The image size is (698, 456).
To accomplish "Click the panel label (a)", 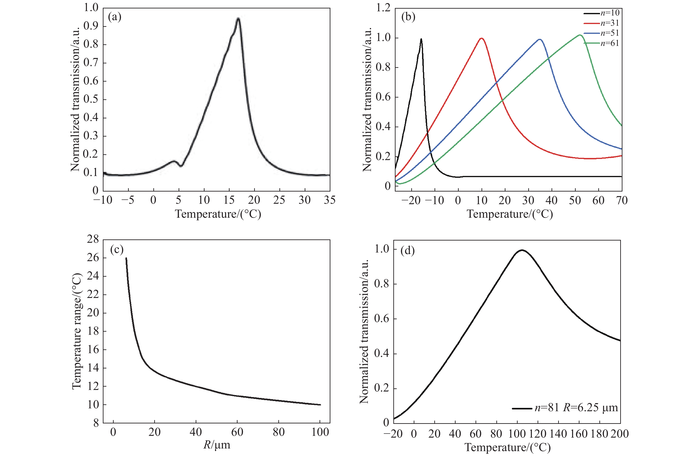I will click(114, 17).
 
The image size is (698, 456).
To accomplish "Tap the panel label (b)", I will click(408, 17).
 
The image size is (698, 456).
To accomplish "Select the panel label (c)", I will click(117, 249).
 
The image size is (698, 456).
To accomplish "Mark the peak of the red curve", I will click(482, 38).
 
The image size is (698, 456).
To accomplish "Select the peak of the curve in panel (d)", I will click(522, 250).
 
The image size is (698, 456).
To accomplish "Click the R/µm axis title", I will click(217, 445).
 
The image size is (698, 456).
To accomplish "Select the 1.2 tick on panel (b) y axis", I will click(383, 8).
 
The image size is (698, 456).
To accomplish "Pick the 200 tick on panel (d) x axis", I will click(620, 434).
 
